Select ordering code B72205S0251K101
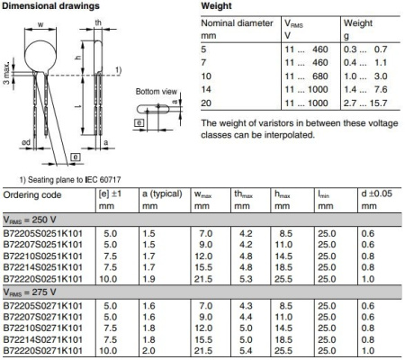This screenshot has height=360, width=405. click(x=44, y=232)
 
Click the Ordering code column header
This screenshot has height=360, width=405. click(x=34, y=193)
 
